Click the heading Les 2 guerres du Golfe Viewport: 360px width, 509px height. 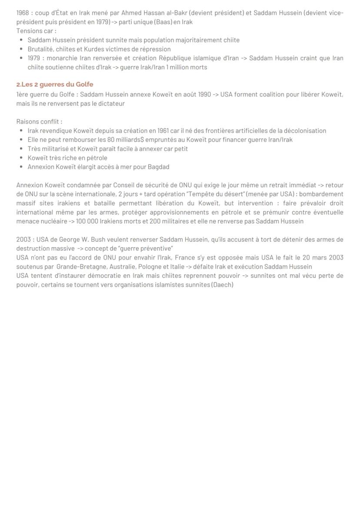[55, 84]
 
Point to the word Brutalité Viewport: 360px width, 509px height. [40, 49]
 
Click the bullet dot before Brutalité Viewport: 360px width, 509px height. [21, 49]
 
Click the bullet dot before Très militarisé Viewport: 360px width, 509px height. [21, 149]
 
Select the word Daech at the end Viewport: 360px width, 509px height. [222, 285]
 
